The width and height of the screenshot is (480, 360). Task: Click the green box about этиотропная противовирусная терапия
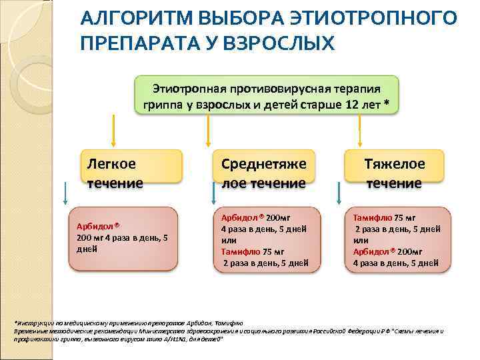coord(267,96)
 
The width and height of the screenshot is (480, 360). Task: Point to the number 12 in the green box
coord(353,105)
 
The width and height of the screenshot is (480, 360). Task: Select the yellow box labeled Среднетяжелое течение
coord(264,173)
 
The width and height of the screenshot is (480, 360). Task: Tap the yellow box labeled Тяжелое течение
coord(395,173)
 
